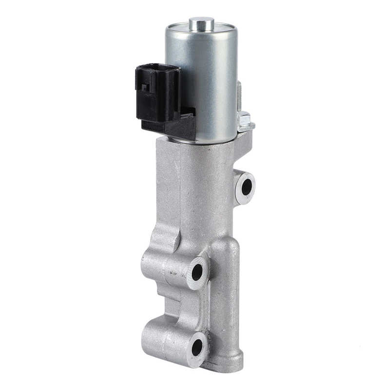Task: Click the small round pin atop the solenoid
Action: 201,22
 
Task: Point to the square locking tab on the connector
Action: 145,87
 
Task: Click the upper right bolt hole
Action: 247,187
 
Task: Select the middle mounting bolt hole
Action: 197,272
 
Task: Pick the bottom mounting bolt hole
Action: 197,347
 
